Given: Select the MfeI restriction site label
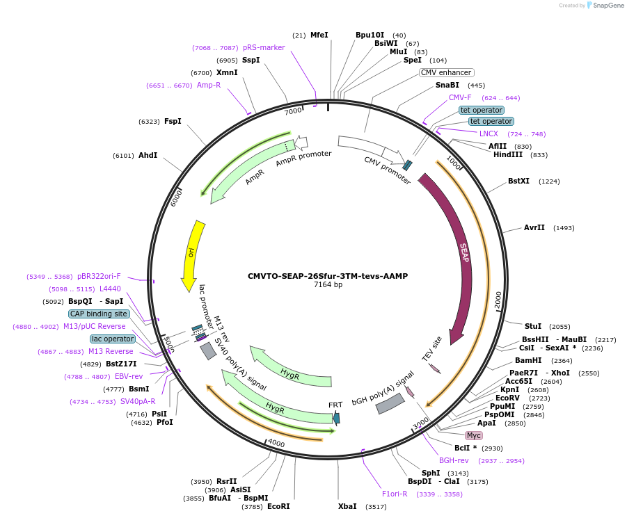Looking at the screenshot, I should pos(319,35).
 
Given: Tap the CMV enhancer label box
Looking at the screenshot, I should pos(446,72).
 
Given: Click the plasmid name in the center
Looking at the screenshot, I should pos(328,275).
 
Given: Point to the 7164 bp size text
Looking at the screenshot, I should pos(328,284).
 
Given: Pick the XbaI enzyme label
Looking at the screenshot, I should pos(347,506).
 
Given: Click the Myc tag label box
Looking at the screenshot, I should pos(474,435).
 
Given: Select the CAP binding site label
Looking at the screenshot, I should pos(99,314).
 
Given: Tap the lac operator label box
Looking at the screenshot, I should pos(113,339).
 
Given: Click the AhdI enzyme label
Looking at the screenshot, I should pos(148,155).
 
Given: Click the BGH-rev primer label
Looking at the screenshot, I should pos(454,460).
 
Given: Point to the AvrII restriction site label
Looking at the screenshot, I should pos(534,227).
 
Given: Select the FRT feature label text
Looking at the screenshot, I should pos(336,405).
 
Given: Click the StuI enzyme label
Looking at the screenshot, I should pos(533,326).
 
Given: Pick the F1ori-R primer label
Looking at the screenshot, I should pos(395,494).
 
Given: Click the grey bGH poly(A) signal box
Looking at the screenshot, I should pos(390,404).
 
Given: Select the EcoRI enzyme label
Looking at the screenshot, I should pos(278,506).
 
